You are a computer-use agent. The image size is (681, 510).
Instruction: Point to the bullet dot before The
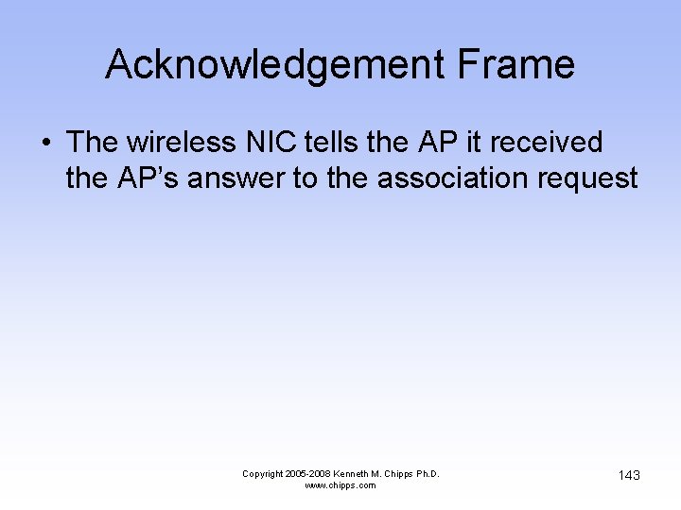coord(46,144)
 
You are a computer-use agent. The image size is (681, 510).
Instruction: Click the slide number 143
coord(629,475)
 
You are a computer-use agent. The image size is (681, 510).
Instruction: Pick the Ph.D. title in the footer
coord(428,474)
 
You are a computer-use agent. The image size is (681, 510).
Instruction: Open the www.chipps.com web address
coord(340,485)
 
